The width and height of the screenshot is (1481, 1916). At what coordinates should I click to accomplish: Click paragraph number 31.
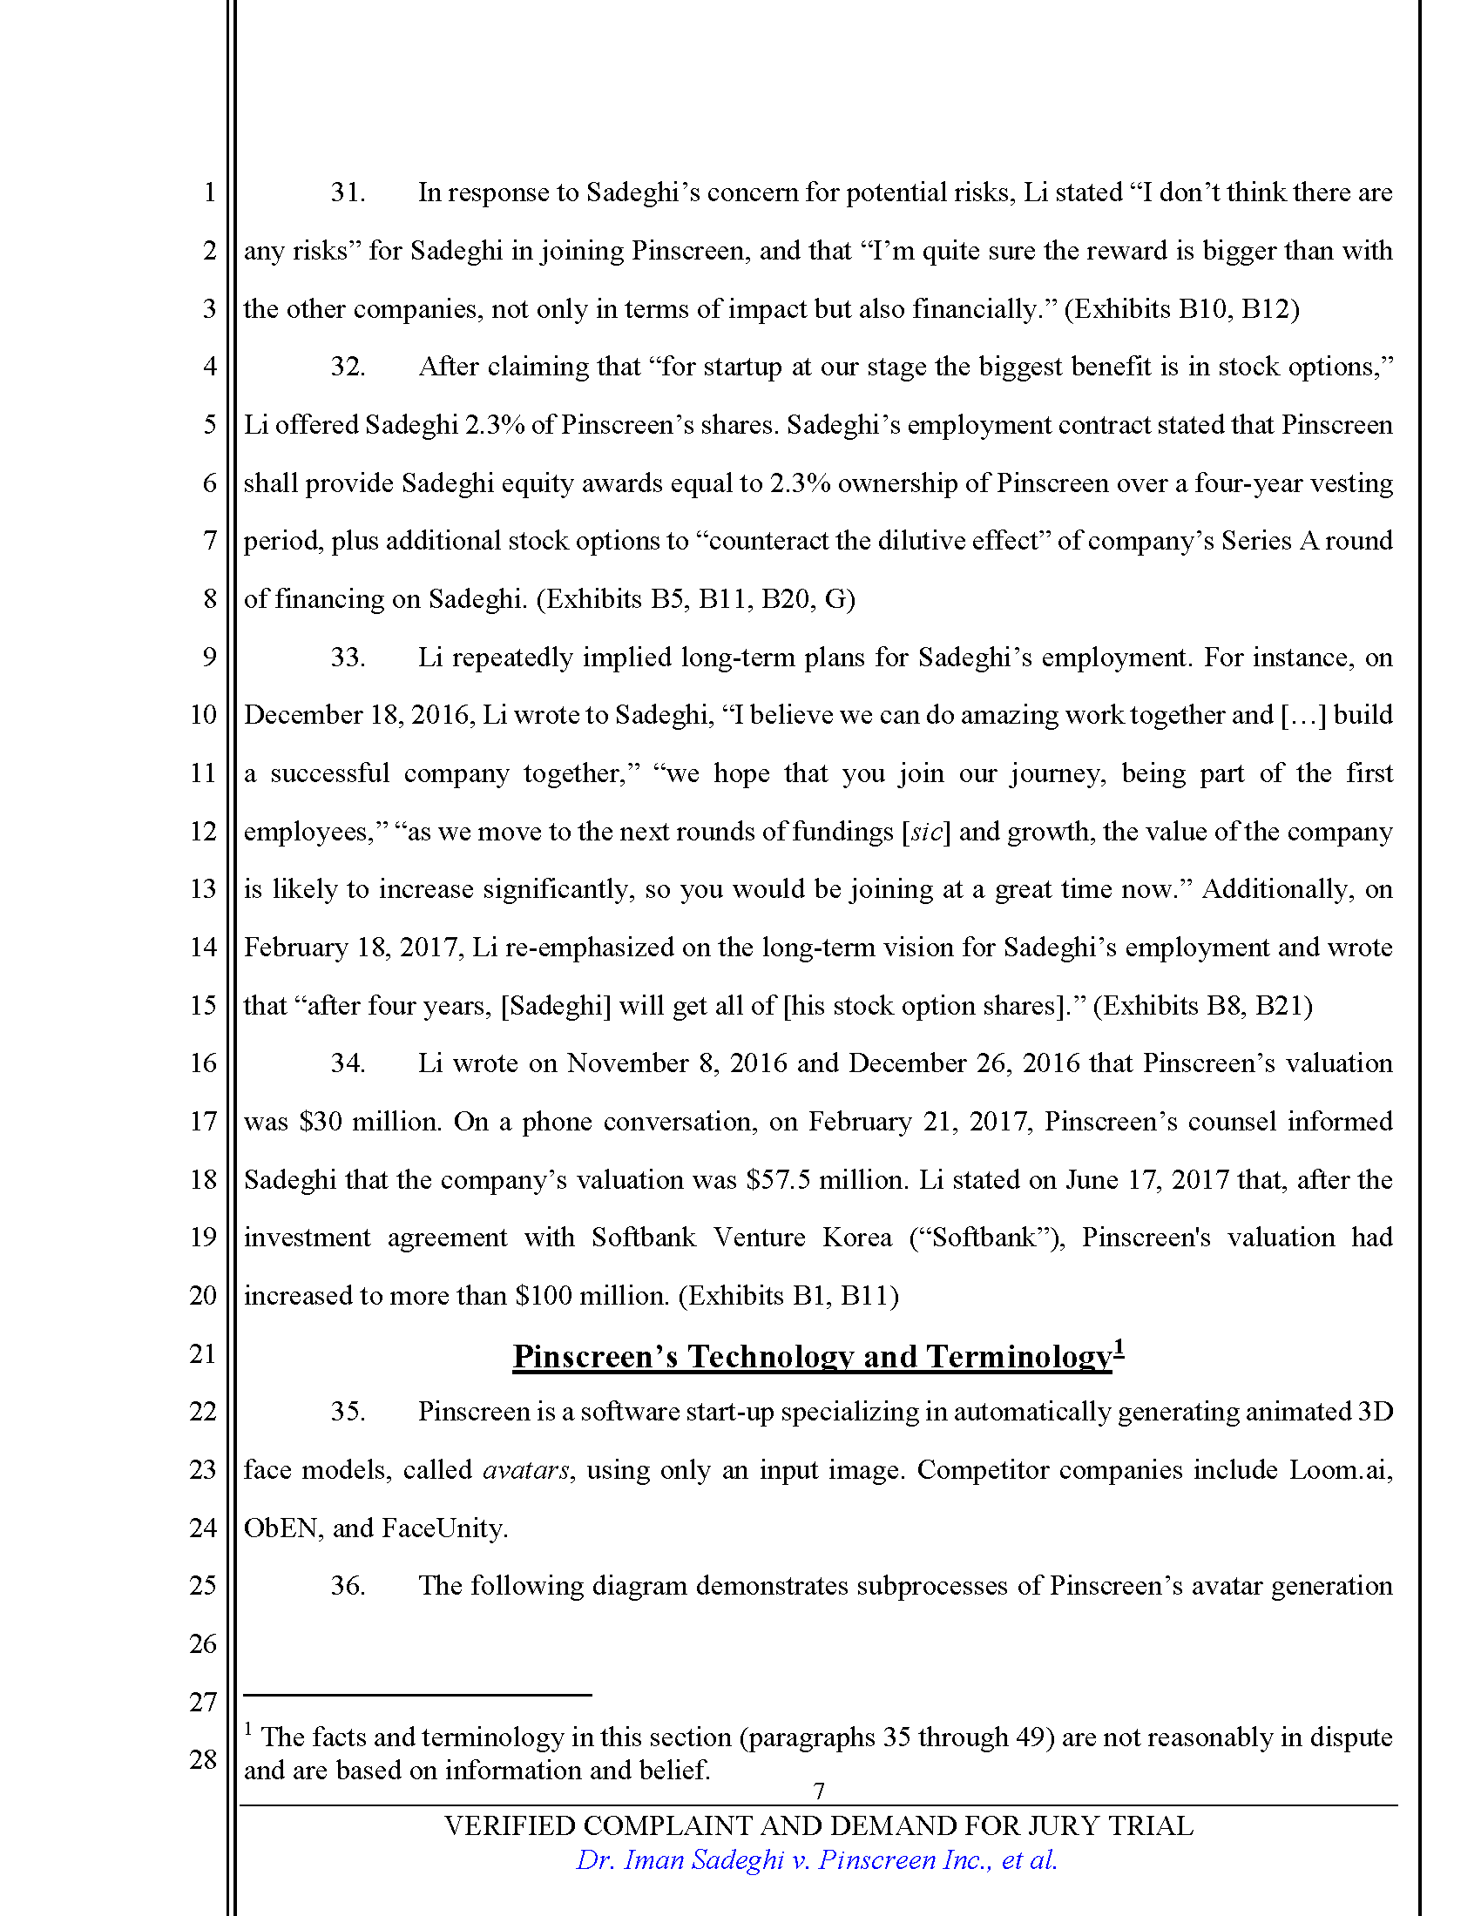pos(348,192)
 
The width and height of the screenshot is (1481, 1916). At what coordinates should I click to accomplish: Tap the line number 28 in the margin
pos(203,1759)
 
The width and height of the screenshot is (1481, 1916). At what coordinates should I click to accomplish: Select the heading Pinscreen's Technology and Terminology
pos(812,1356)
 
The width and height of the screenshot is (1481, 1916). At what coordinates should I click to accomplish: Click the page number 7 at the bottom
pos(819,1791)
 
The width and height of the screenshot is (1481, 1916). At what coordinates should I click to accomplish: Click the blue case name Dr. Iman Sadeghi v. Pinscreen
pos(816,1860)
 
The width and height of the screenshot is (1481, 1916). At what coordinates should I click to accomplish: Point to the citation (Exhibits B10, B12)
pos(1182,309)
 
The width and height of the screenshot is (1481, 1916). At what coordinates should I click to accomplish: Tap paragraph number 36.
pos(348,1585)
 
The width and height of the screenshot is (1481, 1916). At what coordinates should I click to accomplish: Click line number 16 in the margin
pos(203,1063)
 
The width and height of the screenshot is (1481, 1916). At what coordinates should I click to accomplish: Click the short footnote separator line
pos(417,1695)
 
